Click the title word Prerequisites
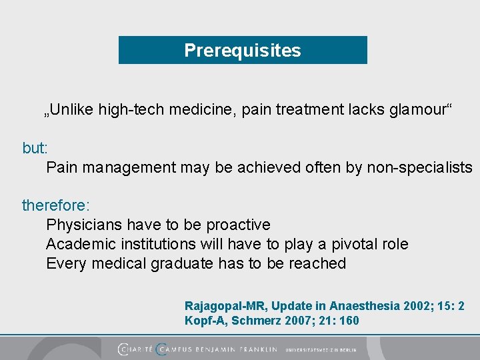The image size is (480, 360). [243, 51]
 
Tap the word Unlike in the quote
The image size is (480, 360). [71, 109]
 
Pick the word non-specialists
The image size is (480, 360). [419, 167]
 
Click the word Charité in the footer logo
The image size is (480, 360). [136, 349]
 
